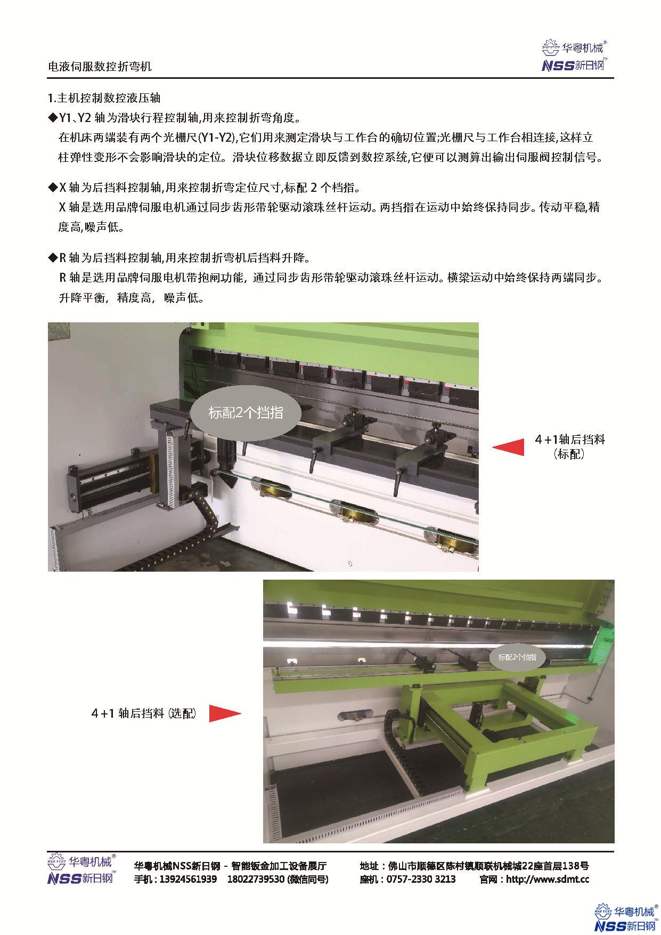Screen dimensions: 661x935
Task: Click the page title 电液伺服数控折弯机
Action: [x=100, y=67]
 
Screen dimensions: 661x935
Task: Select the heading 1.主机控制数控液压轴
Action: [x=104, y=99]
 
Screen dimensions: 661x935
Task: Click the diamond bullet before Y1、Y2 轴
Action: [x=52, y=117]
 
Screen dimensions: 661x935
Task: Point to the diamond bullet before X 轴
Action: [x=52, y=188]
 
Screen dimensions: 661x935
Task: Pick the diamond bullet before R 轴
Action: [x=52, y=258]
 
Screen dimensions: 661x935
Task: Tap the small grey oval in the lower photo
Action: [x=517, y=657]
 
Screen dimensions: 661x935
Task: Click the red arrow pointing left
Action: [x=508, y=447]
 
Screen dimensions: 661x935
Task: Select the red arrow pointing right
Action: [x=225, y=713]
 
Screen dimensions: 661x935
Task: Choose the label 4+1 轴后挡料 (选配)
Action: [x=143, y=713]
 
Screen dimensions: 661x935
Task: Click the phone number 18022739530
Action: [x=256, y=879]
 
